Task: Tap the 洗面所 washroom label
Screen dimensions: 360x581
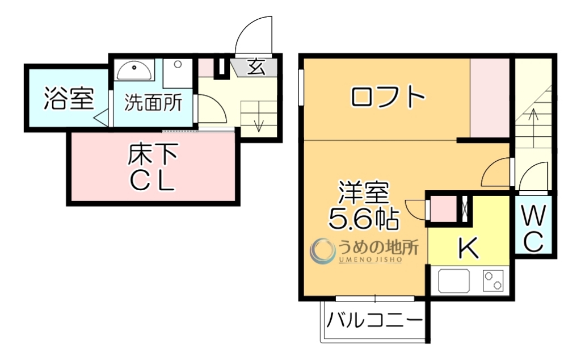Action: pos(153,102)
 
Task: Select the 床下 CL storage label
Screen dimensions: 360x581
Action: pos(151,168)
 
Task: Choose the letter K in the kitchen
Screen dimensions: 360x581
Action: pos(468,248)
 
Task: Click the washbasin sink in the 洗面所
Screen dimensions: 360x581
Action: pos(134,70)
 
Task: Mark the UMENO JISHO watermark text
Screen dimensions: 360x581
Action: pos(371,259)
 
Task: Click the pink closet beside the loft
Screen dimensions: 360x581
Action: pos(491,98)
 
